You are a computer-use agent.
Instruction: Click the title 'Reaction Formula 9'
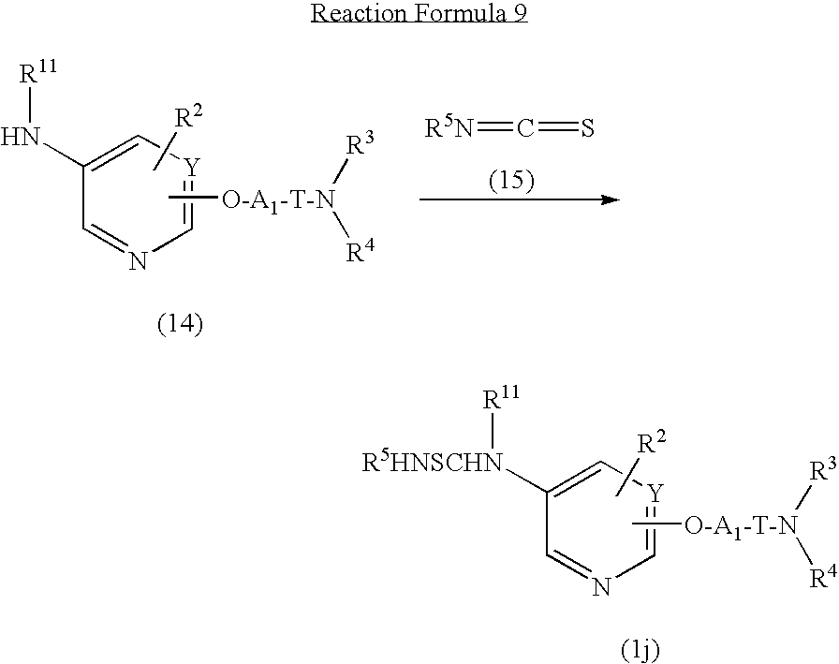point(419,13)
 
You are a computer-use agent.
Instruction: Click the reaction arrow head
point(611,199)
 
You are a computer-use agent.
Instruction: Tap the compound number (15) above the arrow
point(511,181)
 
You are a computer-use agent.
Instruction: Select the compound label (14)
point(180,324)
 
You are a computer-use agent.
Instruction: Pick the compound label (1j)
point(640,650)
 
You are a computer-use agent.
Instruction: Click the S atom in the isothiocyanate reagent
point(587,128)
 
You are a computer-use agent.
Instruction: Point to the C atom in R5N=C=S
point(525,128)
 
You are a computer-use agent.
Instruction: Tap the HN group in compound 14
point(21,137)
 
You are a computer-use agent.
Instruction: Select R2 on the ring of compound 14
point(189,117)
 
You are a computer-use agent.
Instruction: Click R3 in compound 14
point(360,145)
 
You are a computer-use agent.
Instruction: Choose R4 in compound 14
point(360,252)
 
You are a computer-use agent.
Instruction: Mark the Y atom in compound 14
point(191,169)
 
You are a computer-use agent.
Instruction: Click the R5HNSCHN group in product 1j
point(434,463)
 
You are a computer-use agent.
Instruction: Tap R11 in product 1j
point(501,398)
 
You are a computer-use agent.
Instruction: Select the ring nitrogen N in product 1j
point(602,587)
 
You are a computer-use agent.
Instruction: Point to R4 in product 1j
point(823,578)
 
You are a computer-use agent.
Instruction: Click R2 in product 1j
point(654,444)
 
